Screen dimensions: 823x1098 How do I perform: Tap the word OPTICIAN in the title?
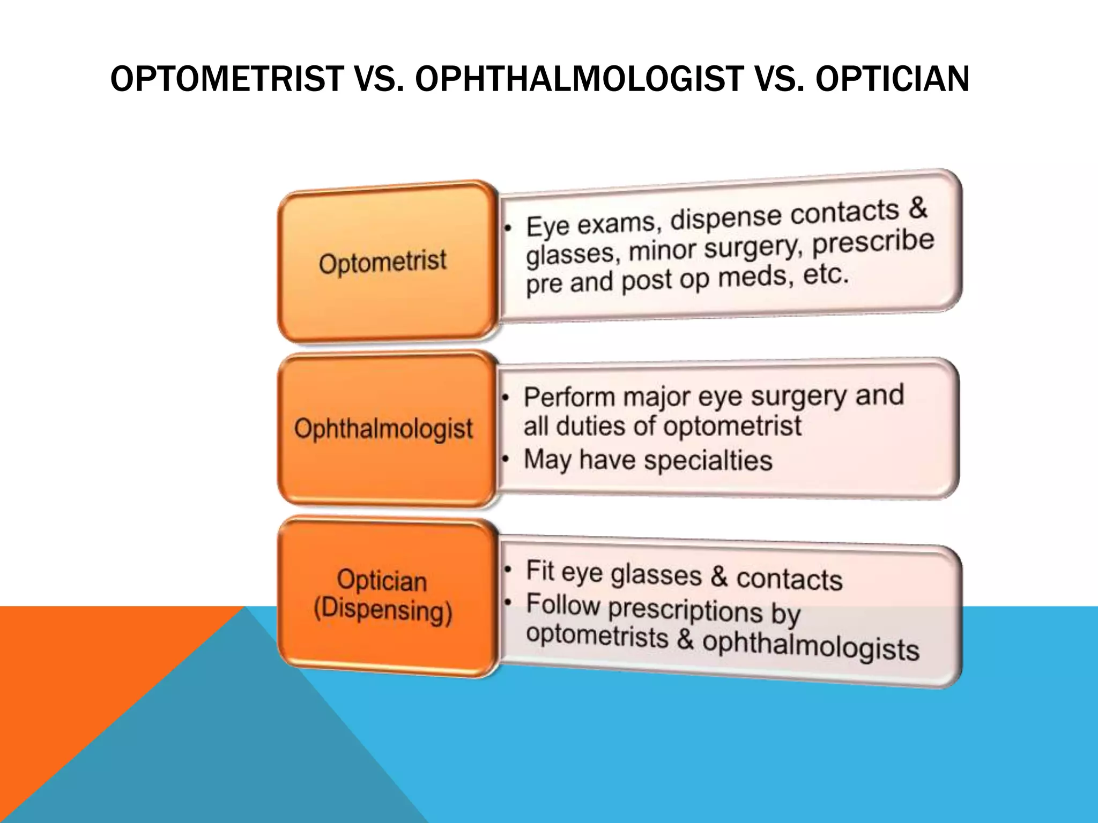[x=892, y=79]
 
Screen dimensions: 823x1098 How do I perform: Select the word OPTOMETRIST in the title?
[x=227, y=79]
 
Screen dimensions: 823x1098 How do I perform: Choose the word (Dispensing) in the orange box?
[x=383, y=611]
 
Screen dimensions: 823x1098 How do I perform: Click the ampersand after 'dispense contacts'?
[x=918, y=207]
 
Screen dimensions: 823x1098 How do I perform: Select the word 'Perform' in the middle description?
[x=569, y=398]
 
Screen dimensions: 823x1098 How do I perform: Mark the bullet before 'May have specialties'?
[x=505, y=460]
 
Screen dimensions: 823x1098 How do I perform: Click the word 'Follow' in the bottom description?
[x=563, y=604]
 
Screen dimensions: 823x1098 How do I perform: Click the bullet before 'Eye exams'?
[x=507, y=229]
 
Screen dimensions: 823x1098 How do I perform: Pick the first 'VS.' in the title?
[x=379, y=79]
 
